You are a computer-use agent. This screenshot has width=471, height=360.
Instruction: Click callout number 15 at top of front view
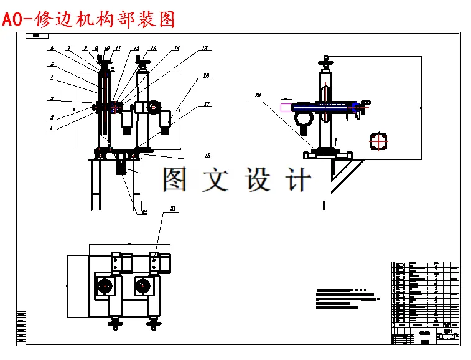(204, 48)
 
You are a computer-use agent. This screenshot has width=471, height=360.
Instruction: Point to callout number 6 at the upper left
(52, 49)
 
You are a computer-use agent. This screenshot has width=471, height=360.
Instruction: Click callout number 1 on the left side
(52, 128)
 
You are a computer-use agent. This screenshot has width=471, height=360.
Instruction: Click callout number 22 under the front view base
(144, 212)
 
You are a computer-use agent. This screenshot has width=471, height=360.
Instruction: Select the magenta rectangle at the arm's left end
(287, 107)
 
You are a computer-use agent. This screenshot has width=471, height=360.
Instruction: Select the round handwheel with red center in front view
(152, 108)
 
